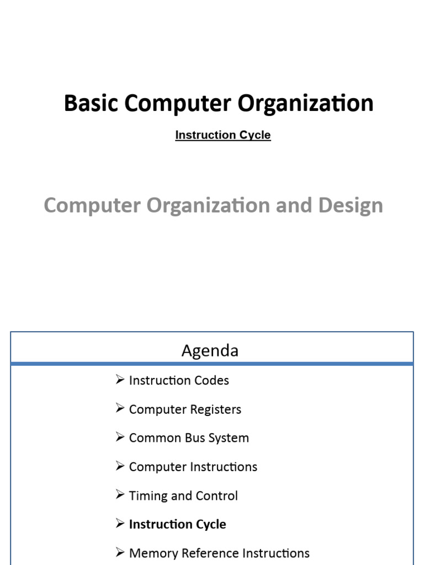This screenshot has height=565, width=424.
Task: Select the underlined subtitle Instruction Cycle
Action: click(222, 135)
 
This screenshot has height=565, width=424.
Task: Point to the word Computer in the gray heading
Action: click(92, 205)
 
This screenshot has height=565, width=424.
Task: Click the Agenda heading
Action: click(210, 350)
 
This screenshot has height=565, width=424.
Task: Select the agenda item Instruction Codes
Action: click(178, 380)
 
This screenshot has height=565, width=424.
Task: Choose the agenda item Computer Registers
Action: click(185, 409)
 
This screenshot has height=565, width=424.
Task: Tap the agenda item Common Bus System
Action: click(189, 438)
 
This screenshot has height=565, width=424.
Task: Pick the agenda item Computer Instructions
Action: click(193, 467)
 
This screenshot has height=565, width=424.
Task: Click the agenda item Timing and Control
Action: click(183, 495)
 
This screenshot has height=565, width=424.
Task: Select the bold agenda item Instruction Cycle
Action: click(177, 524)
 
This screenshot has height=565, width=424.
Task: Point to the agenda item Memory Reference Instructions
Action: click(219, 553)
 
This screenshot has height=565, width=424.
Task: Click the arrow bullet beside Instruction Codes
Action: click(120, 380)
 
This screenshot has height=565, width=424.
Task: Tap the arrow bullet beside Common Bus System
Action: click(120, 438)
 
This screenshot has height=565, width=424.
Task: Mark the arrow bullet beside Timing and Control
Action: click(120, 495)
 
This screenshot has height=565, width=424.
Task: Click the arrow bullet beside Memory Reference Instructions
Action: click(120, 552)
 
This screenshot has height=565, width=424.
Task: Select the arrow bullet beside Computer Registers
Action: click(120, 409)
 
